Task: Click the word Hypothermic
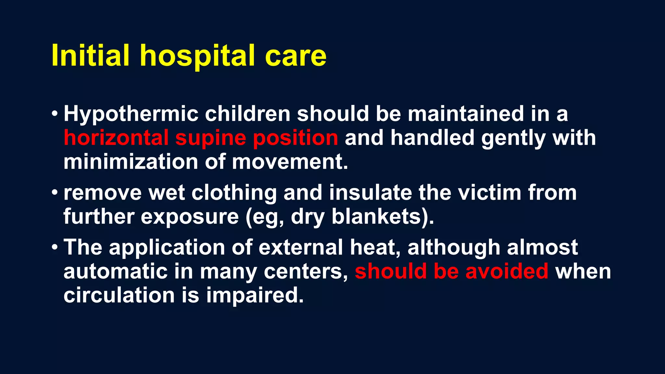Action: pyautogui.click(x=131, y=114)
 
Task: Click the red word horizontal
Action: pyautogui.click(x=116, y=138)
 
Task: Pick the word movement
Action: pyautogui.click(x=290, y=162)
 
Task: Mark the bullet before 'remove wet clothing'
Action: pyautogui.click(x=55, y=192)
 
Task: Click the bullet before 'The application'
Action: pyautogui.click(x=55, y=247)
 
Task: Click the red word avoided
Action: pyautogui.click(x=507, y=271)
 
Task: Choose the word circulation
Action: pyautogui.click(x=119, y=295)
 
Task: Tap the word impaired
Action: pyautogui.click(x=255, y=296)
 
